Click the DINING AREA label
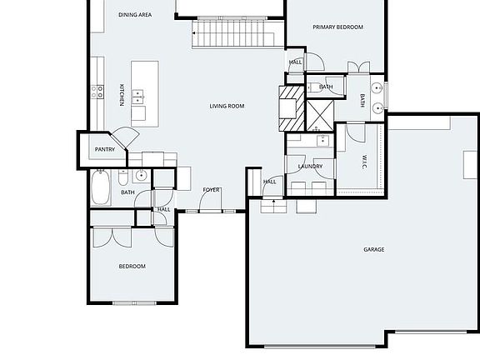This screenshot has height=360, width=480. click(134, 15)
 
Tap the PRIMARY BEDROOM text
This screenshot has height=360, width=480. click(337, 27)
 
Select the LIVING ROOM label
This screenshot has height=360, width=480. click(226, 106)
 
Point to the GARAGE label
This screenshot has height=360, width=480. click(373, 249)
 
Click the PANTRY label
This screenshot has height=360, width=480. click(104, 150)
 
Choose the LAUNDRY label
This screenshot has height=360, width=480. click(310, 167)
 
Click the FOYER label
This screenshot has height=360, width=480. click(212, 190)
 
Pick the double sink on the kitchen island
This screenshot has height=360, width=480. click(138, 99)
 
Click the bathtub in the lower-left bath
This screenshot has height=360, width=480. click(102, 187)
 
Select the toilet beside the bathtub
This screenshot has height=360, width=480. click(123, 177)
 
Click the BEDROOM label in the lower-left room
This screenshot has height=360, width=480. click(132, 267)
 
